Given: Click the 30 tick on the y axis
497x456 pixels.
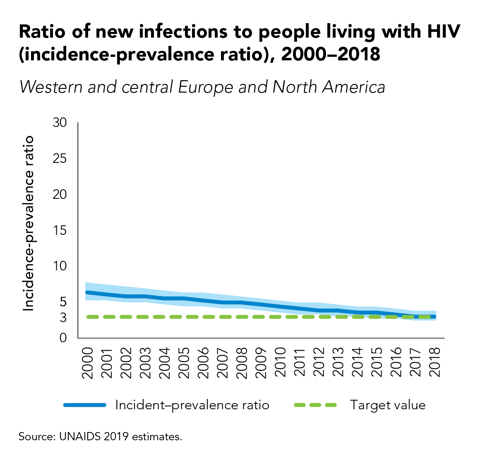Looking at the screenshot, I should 60,123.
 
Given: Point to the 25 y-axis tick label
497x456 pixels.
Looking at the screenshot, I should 60,159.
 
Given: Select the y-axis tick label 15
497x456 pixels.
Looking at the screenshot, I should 60,230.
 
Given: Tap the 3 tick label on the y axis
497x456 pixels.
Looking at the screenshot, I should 63,318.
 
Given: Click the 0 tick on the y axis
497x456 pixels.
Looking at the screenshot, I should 63,338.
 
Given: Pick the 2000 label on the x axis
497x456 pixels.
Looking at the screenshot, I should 87,363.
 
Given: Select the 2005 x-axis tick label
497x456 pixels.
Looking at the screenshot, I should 184,363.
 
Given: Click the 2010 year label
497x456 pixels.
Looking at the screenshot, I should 280,363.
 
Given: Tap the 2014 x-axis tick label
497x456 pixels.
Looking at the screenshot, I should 358,363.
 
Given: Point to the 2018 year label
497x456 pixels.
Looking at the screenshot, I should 435,363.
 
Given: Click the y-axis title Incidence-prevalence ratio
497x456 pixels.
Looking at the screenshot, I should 28,223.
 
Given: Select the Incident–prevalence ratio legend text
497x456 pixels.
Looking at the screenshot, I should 192,405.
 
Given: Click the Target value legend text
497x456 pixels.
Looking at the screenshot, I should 388,405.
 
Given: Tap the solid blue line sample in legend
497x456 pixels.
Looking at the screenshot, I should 85,405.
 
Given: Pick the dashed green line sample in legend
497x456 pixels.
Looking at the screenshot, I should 316,405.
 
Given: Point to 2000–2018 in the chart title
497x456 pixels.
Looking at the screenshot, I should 331,54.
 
